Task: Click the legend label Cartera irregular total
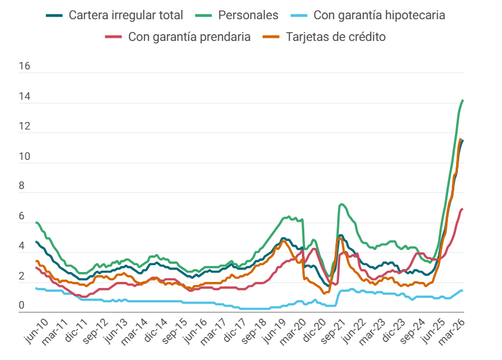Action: tap(126, 15)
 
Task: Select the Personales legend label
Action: tap(248, 15)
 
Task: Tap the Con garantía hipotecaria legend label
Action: tap(379, 15)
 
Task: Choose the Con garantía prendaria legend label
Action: tap(189, 37)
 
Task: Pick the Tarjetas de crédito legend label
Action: tap(335, 37)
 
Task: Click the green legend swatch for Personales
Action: tap(204, 15)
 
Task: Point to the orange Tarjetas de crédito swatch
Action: tap(271, 37)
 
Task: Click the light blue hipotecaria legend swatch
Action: tap(299, 15)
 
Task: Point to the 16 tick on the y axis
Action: tap(24, 66)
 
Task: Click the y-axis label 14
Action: tap(24, 96)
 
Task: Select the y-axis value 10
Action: tap(24, 157)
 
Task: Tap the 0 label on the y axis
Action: tap(22, 305)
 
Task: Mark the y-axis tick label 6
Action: tap(22, 216)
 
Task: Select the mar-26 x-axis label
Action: tap(451, 332)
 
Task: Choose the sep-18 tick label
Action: tap(254, 331)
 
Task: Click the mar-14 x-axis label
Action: tap(134, 332)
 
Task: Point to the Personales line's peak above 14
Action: tap(463, 100)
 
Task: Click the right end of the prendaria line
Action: tap(463, 209)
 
